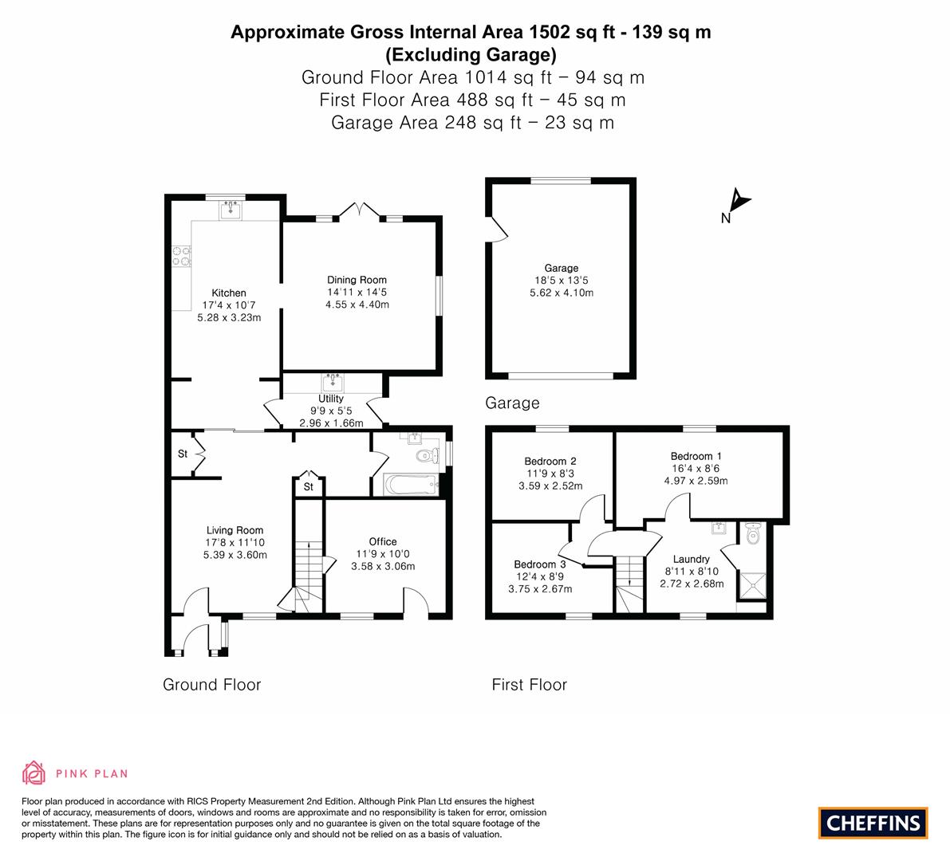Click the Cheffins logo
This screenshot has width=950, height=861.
coord(873,823)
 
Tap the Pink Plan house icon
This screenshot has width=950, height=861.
coord(34,773)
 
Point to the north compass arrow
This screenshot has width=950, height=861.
coord(739,200)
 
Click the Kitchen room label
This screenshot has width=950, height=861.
coord(229,293)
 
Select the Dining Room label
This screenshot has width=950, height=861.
coord(357,280)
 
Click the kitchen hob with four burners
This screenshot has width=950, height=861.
coord(181,256)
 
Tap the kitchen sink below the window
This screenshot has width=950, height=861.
coord(231,210)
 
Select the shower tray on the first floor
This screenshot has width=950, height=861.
coord(752,585)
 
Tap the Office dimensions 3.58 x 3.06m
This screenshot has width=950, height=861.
coord(383,567)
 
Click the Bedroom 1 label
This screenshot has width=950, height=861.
coord(696,457)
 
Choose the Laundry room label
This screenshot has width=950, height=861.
coord(692,560)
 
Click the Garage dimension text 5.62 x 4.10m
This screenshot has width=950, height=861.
coord(562,293)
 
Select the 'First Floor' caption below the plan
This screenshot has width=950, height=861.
coord(530,685)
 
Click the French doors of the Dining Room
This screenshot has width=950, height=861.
coord(360,210)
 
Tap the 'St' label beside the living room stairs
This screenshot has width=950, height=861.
coord(309,487)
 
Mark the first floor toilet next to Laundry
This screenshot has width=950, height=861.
coord(752,533)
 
